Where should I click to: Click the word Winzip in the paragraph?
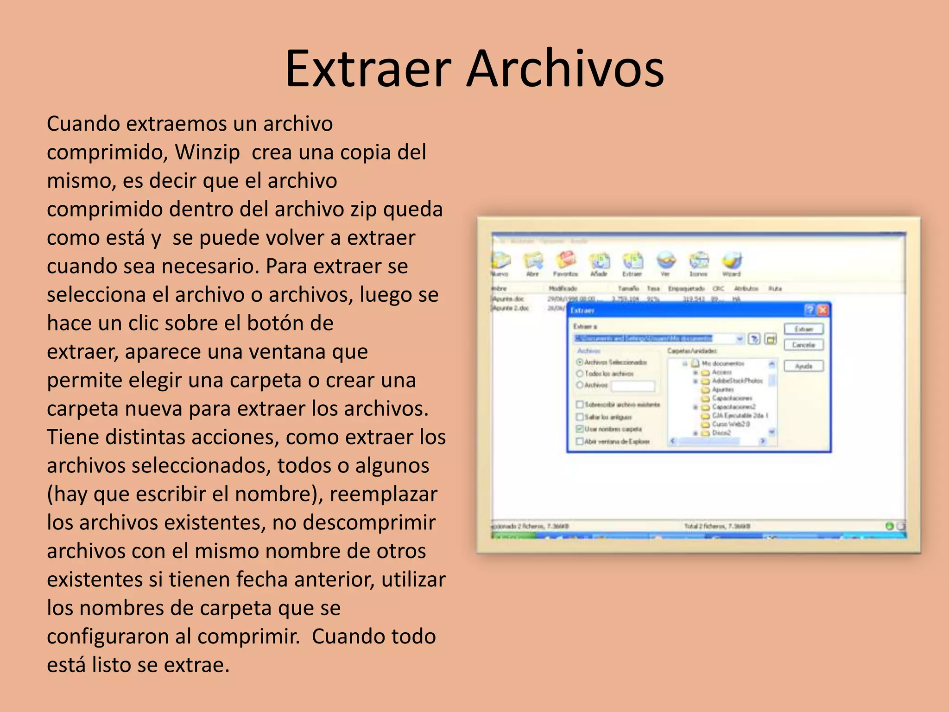(207, 152)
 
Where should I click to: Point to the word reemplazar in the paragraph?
(383, 494)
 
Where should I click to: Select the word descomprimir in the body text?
(369, 522)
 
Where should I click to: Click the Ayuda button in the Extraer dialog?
(803, 366)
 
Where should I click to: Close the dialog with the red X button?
(822, 310)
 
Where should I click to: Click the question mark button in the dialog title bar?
(810, 310)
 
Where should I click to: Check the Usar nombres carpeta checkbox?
(580, 429)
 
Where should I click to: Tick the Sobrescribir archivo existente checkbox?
(580, 405)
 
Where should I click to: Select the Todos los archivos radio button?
(579, 374)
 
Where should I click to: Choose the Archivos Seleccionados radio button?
(579, 362)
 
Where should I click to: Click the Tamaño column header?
(628, 288)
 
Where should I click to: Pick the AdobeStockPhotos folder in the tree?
(736, 381)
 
